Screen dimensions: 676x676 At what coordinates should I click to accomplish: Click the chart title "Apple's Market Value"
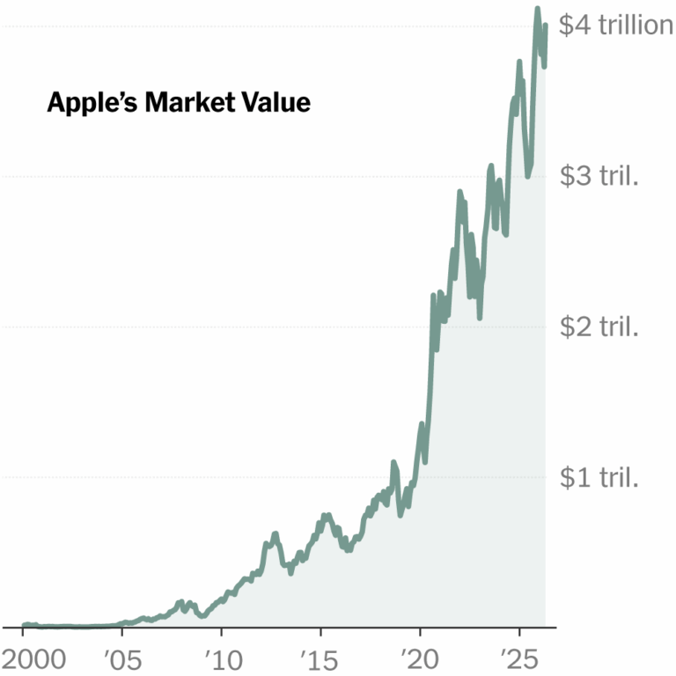click(x=179, y=103)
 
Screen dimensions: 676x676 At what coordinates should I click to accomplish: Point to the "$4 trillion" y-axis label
click(x=617, y=26)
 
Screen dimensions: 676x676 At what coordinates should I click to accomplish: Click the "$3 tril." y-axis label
click(x=599, y=176)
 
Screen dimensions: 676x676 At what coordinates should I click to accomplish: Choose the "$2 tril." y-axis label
click(x=599, y=327)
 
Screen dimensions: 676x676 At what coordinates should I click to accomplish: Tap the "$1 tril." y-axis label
click(x=599, y=478)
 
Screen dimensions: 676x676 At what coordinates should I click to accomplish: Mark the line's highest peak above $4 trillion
click(x=537, y=10)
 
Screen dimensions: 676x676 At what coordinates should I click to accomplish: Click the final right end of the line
click(x=546, y=26)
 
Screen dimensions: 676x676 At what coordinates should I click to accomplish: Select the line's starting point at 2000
click(x=24, y=625)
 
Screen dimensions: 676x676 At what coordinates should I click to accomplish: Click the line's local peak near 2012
click(x=275, y=533)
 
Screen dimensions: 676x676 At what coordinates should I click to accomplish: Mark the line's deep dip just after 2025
click(x=528, y=174)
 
